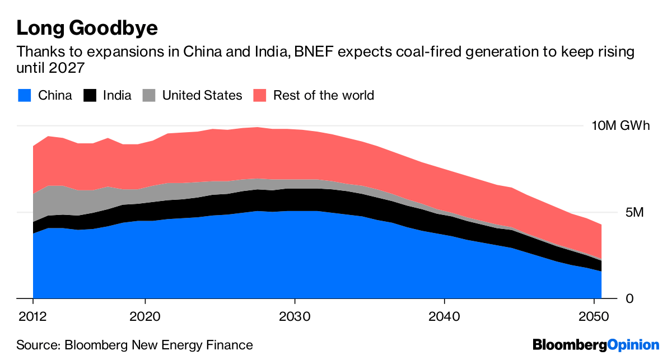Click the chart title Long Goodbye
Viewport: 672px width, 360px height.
(87, 28)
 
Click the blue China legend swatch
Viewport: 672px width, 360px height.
(24, 95)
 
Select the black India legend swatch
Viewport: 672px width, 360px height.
(90, 95)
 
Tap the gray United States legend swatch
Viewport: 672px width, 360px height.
(148, 95)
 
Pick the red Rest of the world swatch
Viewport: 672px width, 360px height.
(260, 95)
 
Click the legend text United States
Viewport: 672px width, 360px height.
(202, 95)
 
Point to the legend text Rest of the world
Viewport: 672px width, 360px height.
(323, 95)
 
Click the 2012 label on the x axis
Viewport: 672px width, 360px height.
(32, 315)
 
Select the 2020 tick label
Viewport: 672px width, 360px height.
(144, 315)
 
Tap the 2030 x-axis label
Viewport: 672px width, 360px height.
(294, 315)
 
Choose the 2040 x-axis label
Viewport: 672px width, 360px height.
(444, 315)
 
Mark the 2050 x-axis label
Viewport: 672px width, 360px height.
(593, 315)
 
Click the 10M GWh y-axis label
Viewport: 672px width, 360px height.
(620, 125)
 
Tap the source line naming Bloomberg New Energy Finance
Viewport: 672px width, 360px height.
(134, 345)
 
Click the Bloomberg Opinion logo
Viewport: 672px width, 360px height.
(596, 345)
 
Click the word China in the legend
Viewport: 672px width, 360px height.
(55, 95)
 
